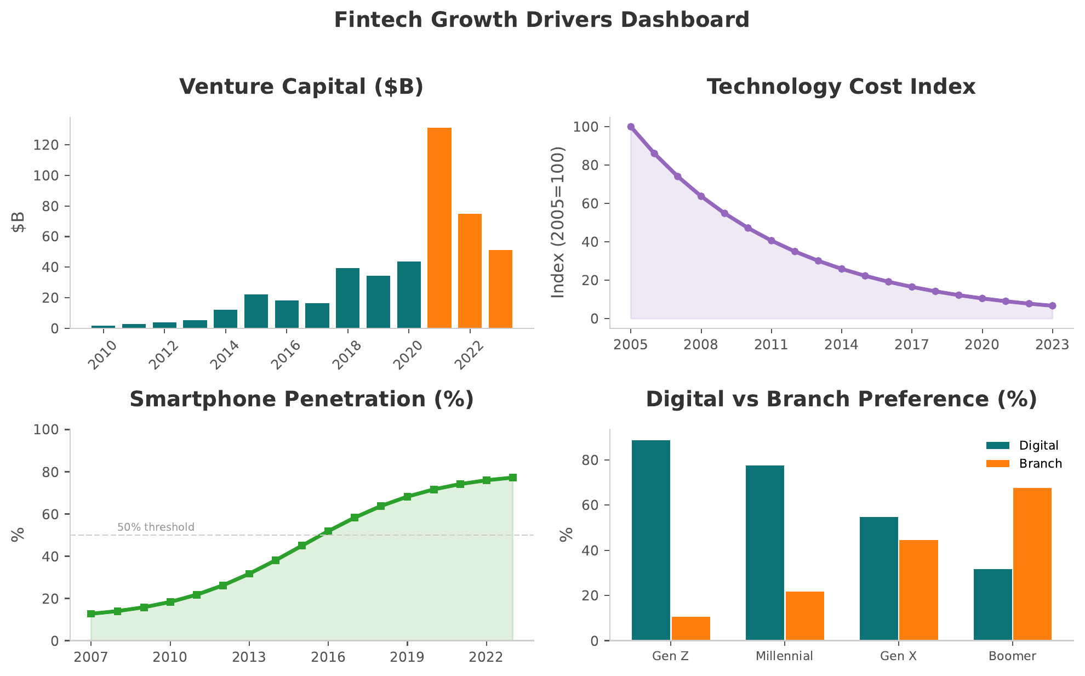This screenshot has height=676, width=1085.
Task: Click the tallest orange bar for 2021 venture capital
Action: point(439,228)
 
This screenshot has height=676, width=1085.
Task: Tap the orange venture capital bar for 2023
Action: point(500,289)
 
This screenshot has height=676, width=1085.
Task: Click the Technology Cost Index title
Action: point(841,87)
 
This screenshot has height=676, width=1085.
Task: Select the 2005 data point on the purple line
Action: point(631,127)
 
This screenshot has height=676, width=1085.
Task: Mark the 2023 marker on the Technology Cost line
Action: point(1052,306)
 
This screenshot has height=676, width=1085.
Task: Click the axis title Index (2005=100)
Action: point(557,222)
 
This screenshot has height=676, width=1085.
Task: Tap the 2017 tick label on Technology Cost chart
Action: point(911,345)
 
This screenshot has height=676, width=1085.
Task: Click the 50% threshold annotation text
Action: point(156,527)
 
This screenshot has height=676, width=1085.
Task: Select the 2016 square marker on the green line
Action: point(328,531)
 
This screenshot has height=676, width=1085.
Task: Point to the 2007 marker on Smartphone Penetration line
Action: point(91,614)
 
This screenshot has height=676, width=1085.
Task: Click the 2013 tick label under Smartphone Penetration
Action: point(249,657)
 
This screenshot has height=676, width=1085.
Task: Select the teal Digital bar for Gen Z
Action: point(650,540)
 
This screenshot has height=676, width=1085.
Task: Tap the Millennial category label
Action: point(784,656)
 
